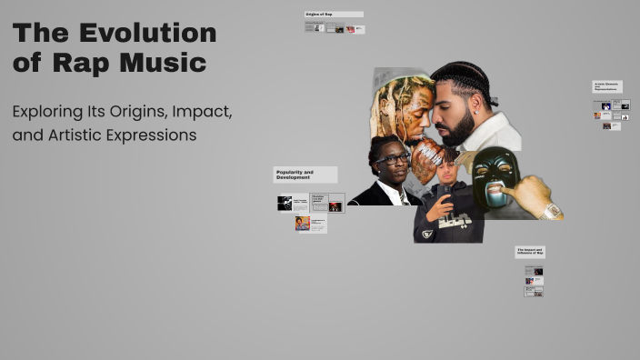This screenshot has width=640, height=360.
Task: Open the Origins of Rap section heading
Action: click(334, 15)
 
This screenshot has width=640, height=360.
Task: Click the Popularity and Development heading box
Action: click(305, 174)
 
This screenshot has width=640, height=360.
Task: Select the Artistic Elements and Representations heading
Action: click(606, 86)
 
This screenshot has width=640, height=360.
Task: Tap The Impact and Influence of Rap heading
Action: click(530, 251)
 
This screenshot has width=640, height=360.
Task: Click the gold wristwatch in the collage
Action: click(551, 212)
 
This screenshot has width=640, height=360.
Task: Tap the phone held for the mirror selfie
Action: click(446, 196)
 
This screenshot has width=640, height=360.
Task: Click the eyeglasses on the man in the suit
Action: click(393, 160)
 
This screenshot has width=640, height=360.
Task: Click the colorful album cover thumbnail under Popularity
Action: click(303, 223)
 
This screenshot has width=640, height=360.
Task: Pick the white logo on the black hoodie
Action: click(454, 222)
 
